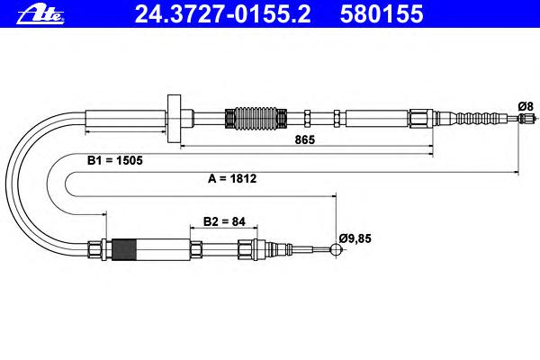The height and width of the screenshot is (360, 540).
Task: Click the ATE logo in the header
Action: (40, 15)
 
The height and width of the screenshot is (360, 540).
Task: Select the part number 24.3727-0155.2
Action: (222, 14)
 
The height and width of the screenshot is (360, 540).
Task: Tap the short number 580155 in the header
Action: (382, 14)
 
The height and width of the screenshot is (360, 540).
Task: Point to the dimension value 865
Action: (305, 139)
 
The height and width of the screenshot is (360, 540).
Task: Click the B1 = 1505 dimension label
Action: (114, 160)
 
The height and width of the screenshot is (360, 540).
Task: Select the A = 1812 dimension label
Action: (232, 178)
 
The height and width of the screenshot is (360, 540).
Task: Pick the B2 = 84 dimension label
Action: (224, 221)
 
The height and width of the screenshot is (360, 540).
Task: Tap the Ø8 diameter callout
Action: (526, 106)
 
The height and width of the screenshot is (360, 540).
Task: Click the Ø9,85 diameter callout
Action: (355, 238)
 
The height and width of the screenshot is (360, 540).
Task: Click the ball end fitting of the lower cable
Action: (336, 249)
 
